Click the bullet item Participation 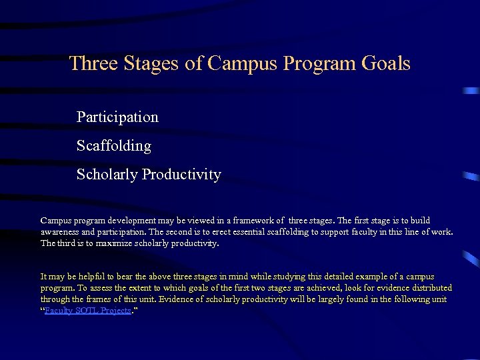click(x=117, y=117)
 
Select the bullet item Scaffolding click(x=114, y=146)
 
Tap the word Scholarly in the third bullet click(x=107, y=175)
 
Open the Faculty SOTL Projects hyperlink click(x=87, y=311)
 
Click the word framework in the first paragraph click(x=257, y=220)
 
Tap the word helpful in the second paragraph click(x=83, y=276)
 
